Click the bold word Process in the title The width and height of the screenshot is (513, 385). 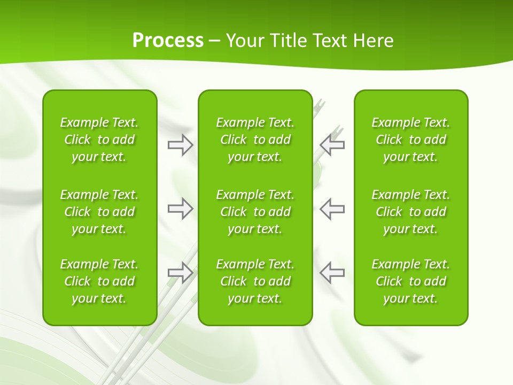168,41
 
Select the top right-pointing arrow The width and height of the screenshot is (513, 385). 180,145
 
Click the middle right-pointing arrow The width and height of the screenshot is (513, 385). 180,209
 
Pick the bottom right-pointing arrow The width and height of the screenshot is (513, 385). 180,272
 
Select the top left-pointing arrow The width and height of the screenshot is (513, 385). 332,145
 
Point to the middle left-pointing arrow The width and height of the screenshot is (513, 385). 332,209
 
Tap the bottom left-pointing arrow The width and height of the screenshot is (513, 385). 332,272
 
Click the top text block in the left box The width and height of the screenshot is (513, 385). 99,140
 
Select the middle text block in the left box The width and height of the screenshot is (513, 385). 99,212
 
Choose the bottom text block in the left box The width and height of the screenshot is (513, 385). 99,281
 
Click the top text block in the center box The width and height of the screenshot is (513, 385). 255,140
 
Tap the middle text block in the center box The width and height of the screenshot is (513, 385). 255,212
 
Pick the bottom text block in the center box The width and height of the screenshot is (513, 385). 255,281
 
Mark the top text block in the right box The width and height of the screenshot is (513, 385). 411,140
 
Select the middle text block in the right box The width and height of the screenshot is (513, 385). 411,212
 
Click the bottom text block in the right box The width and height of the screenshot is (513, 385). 411,281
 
